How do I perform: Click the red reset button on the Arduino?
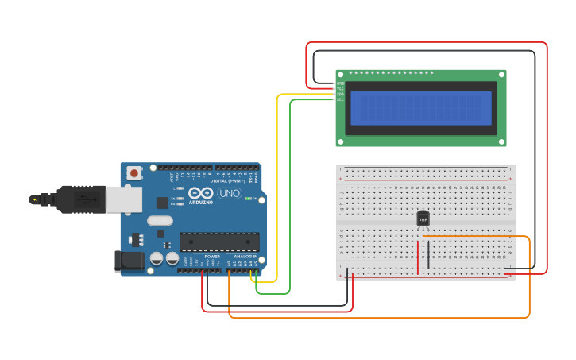click(x=134, y=172)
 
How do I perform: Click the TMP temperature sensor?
click(x=423, y=218)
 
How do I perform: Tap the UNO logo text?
click(x=230, y=193)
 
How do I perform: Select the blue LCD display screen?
click(x=421, y=108)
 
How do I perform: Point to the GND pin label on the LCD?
click(x=341, y=83)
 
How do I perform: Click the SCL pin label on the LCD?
click(x=341, y=99)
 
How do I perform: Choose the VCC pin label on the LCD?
click(x=341, y=89)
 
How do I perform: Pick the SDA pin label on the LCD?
click(x=341, y=94)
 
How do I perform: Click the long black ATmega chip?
click(x=219, y=242)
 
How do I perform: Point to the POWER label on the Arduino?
click(x=212, y=257)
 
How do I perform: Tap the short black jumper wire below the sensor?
click(x=429, y=254)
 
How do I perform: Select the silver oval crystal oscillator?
click(x=160, y=221)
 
